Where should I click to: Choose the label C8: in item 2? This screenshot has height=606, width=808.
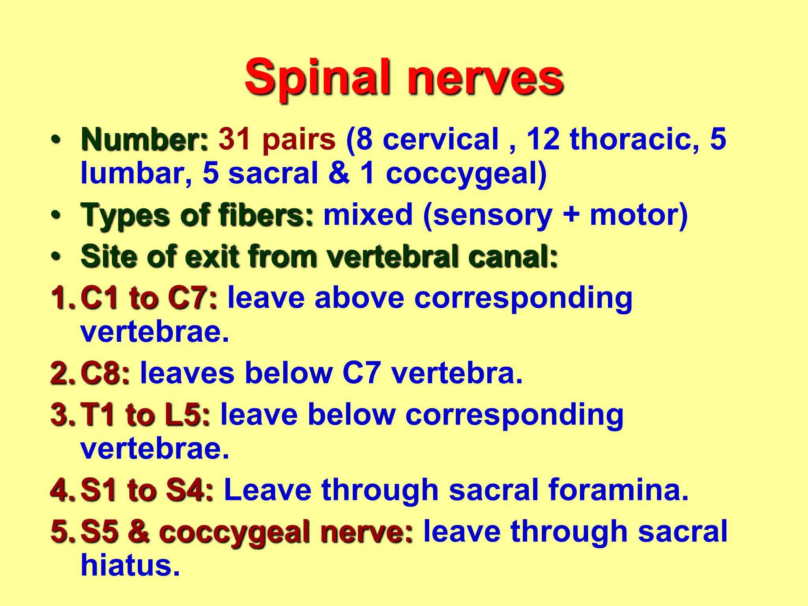(x=105, y=373)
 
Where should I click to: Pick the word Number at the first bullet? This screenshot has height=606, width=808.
(x=144, y=139)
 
